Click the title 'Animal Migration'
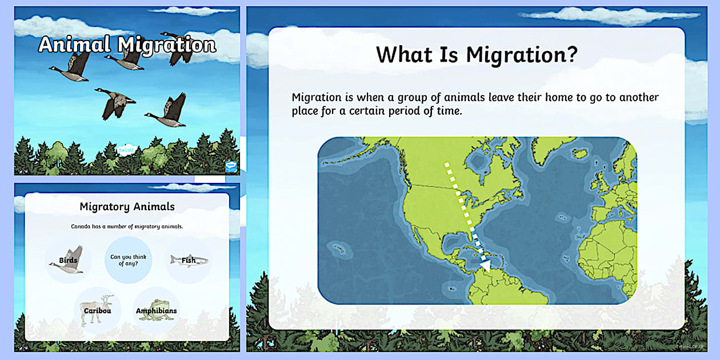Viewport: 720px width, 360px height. pos(127,45)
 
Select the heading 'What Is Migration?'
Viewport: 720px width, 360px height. pos(477,55)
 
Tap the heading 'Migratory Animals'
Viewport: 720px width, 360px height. pos(127,206)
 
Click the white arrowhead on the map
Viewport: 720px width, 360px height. pos(485,265)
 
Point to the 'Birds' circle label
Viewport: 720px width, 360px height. pos(68,261)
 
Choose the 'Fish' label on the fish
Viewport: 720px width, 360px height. pos(189,261)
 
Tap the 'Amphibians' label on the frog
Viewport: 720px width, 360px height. pos(156,311)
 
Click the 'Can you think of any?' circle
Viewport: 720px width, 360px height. pos(128,261)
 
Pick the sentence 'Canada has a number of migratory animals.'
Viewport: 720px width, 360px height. pos(127,226)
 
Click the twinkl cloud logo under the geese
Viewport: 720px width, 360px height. pos(125,150)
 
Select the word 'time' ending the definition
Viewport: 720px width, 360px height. pos(446,111)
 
